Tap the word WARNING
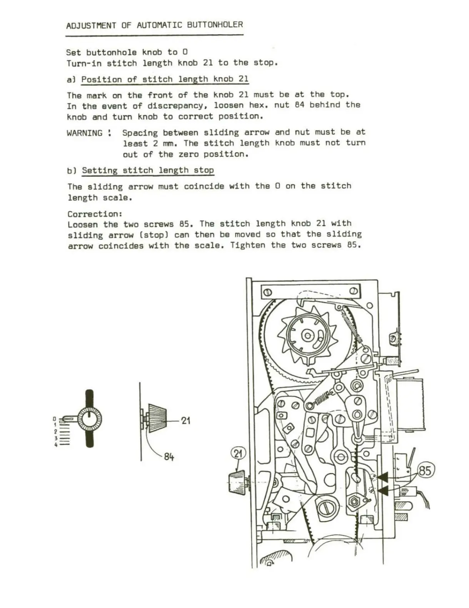(x=84, y=133)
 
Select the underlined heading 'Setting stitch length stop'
(x=148, y=170)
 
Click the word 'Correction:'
(x=95, y=214)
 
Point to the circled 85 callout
(x=424, y=470)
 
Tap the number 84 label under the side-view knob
(x=169, y=457)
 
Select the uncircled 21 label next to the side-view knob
(x=185, y=420)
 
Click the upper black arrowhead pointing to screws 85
(x=382, y=478)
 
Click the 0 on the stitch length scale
(x=55, y=419)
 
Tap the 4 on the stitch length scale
(x=55, y=444)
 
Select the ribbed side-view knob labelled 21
(x=157, y=418)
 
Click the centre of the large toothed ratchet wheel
(x=308, y=336)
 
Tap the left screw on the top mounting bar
(x=268, y=292)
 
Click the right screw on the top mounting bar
(x=353, y=291)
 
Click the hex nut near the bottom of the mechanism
(x=353, y=501)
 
